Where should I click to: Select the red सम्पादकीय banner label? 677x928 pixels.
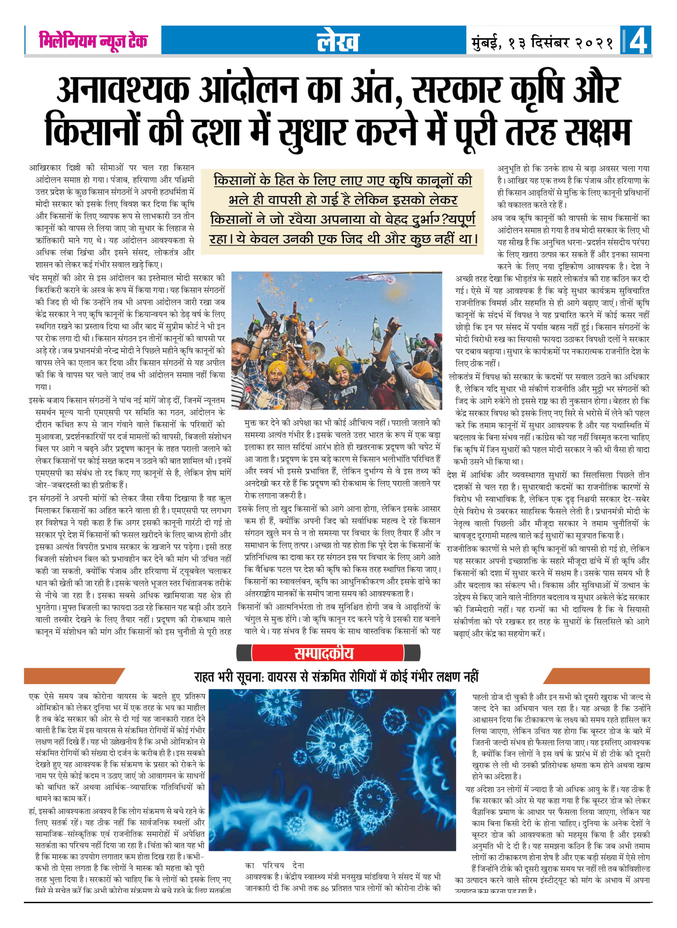[324, 653]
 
